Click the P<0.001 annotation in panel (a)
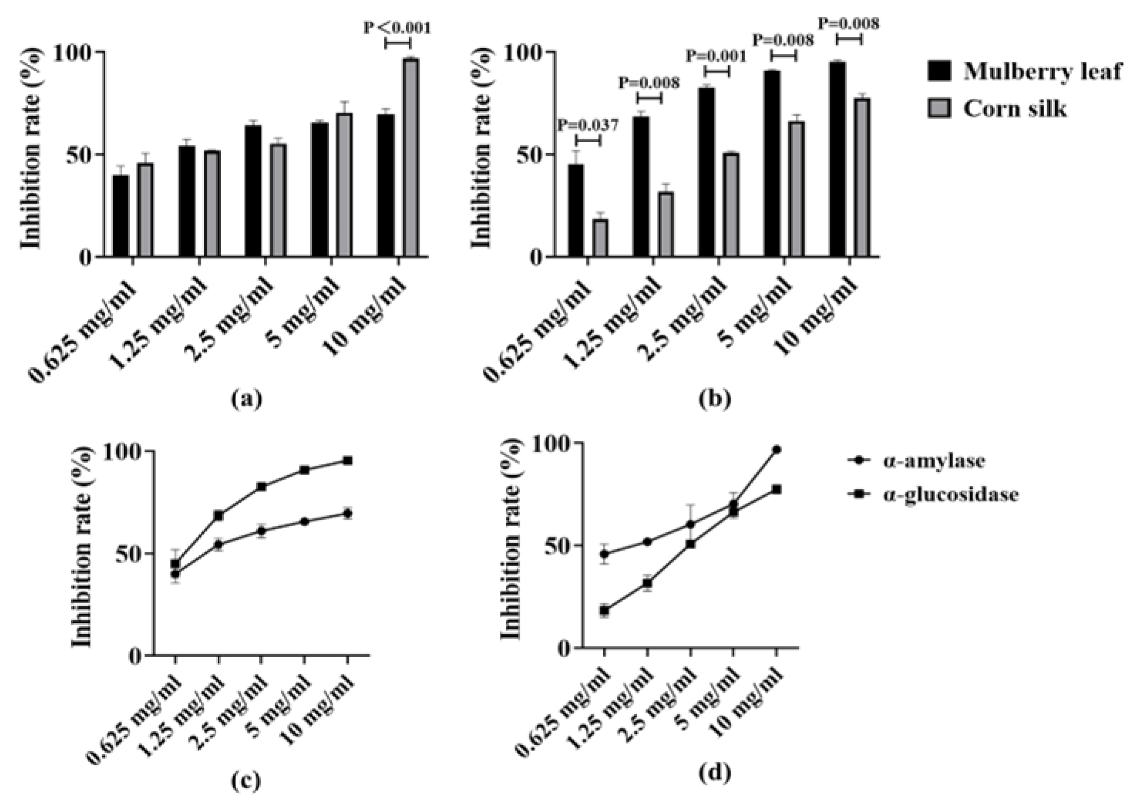[x=397, y=27]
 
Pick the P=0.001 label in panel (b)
[x=716, y=56]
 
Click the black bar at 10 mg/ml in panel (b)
[x=838, y=159]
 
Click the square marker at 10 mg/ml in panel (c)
[x=347, y=461]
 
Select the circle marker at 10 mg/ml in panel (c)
[x=347, y=513]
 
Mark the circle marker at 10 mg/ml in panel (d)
[x=776, y=450]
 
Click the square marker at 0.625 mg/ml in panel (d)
[x=604, y=611]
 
